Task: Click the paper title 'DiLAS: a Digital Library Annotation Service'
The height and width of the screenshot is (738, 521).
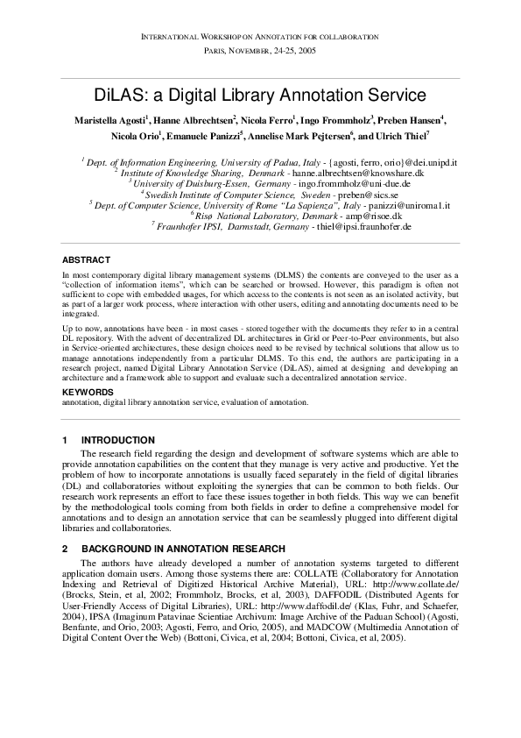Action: coord(260,95)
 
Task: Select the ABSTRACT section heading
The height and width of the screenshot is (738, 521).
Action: coord(86,259)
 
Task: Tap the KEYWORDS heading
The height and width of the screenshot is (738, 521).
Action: coord(88,392)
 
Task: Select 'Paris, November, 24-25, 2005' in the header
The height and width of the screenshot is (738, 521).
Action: coord(260,52)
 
